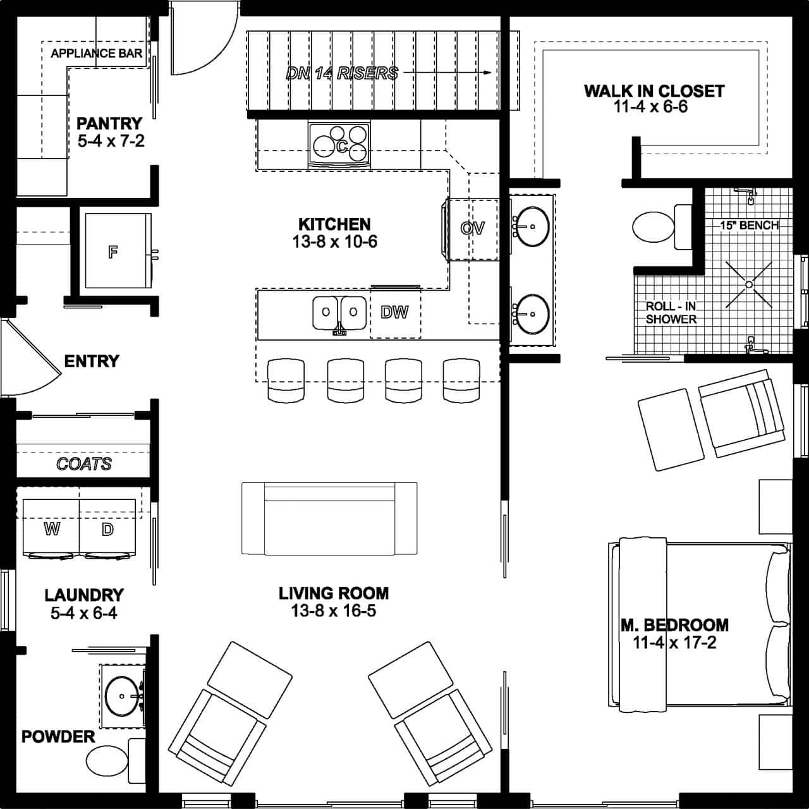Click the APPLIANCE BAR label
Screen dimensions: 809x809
(96, 53)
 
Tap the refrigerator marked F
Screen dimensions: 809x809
(113, 252)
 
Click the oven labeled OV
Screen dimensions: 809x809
(472, 228)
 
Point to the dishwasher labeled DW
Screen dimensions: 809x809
(394, 312)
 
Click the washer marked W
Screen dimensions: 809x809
(52, 528)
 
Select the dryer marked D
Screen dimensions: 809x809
(107, 528)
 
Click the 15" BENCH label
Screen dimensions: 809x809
(749, 225)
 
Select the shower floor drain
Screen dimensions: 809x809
(749, 284)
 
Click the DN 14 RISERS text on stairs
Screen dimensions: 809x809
(342, 73)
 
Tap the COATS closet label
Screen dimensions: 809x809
(83, 464)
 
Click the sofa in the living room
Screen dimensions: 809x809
(329, 518)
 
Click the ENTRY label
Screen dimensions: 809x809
(92, 361)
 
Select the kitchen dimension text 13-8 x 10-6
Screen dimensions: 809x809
(334, 241)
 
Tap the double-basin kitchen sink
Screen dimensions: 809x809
(339, 312)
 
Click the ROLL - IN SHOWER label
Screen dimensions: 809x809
(671, 313)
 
